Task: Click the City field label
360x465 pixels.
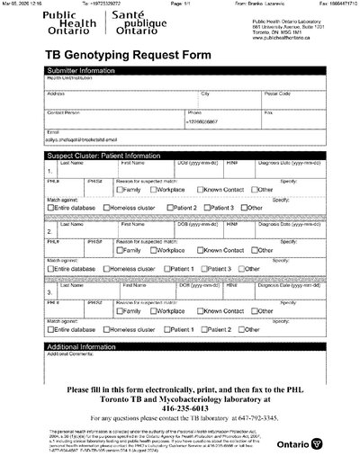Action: pos(205,94)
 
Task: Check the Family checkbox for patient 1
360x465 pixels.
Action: pos(120,191)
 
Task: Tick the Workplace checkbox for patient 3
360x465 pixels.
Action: pos(154,311)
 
